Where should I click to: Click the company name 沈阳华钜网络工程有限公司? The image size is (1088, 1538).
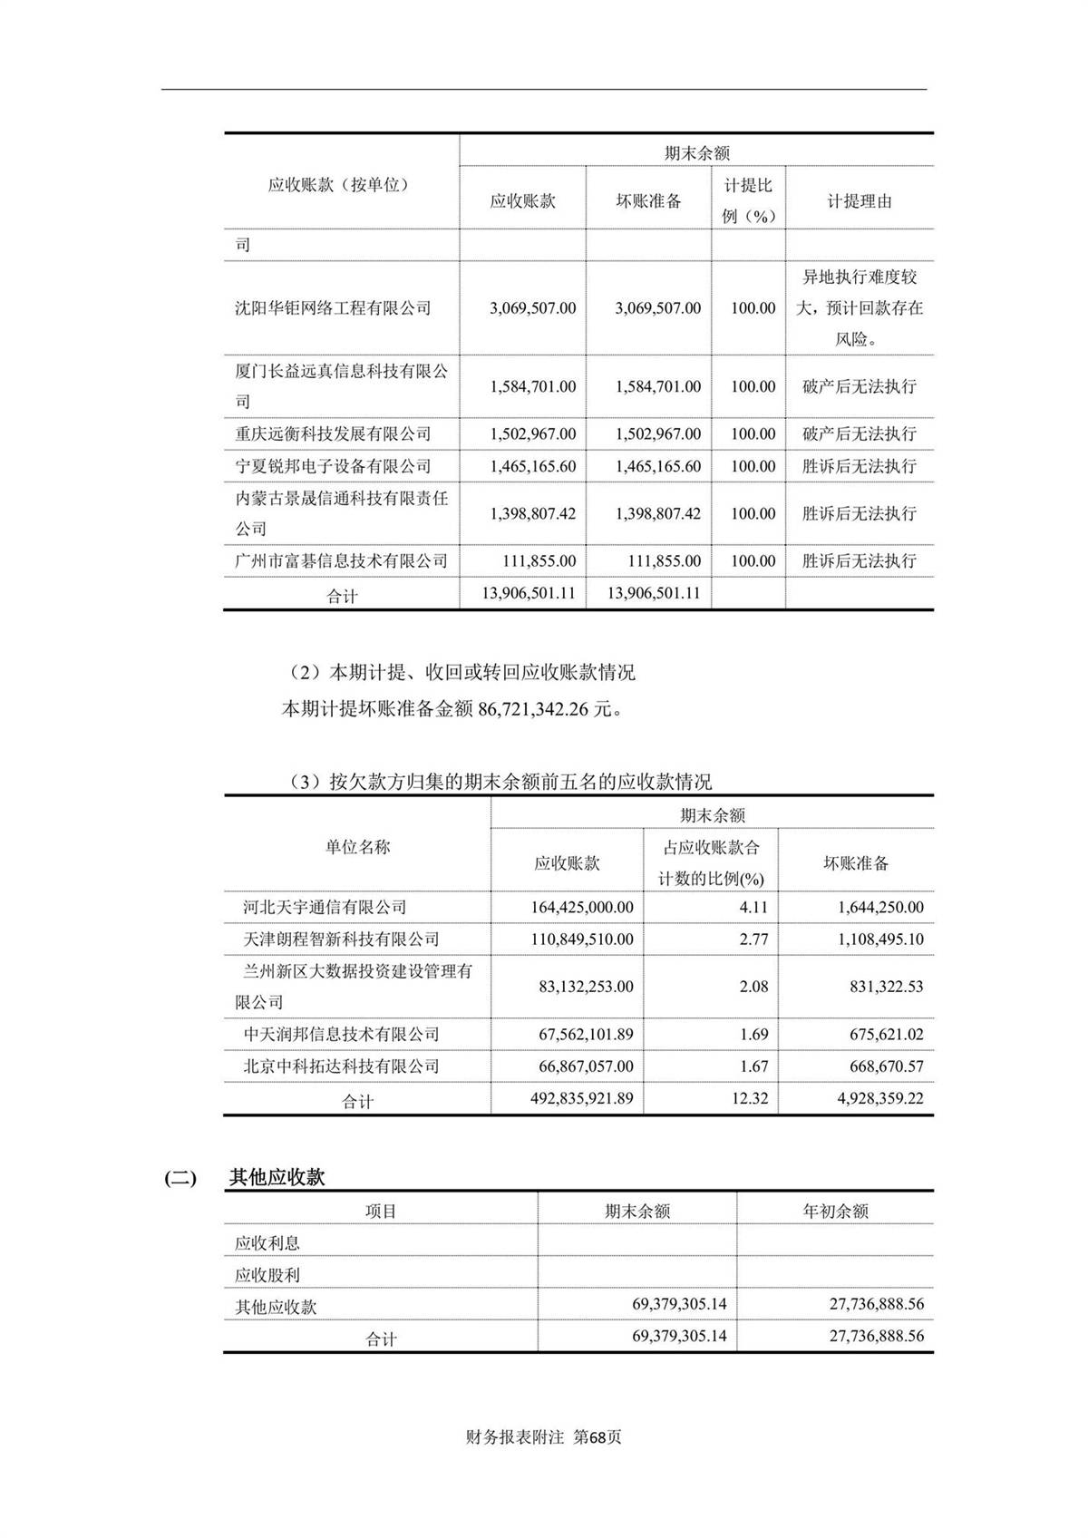point(333,308)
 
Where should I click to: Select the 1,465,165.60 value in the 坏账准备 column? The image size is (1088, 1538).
point(657,467)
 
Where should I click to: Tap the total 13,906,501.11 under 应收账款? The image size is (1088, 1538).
point(531,593)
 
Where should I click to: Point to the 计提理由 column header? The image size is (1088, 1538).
point(859,201)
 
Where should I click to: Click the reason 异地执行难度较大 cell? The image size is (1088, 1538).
point(859,308)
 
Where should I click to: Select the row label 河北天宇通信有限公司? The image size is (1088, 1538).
point(325,908)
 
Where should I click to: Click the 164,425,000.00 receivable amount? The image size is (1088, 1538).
point(581,908)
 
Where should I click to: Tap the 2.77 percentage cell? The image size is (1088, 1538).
point(753,939)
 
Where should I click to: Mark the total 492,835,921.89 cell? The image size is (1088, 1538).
point(581,1098)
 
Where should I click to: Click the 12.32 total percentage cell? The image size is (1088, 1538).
point(750,1098)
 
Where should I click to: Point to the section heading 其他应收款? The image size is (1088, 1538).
point(277,1178)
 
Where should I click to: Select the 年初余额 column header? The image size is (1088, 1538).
point(835,1212)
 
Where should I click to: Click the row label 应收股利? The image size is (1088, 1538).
point(267,1275)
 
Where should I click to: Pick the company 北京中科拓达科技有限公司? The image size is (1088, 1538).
point(341,1066)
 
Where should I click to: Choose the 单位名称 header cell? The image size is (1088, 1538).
point(357,847)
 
